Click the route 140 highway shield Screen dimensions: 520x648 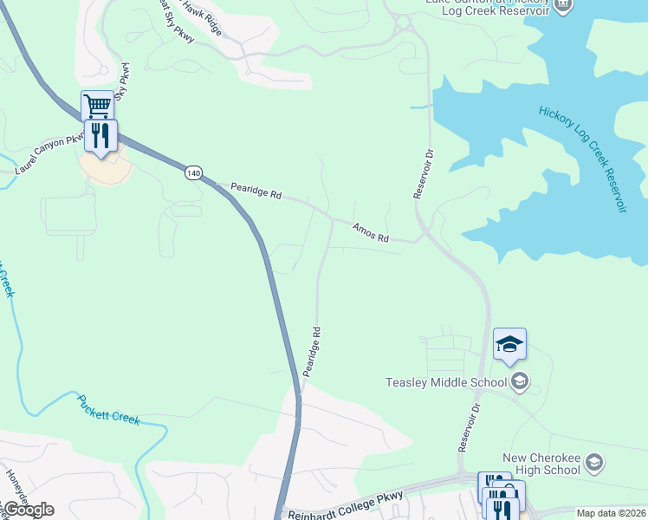point(193,173)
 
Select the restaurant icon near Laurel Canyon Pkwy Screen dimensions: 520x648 point(102,135)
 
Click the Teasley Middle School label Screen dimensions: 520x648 point(446,382)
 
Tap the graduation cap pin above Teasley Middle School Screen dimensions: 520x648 point(509,345)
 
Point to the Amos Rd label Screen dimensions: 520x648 point(371,231)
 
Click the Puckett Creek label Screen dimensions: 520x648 point(108,409)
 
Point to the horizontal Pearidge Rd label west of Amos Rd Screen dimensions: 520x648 point(256,190)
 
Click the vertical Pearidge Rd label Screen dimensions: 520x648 point(312,351)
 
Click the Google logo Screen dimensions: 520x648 point(28,509)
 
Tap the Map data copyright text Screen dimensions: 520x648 point(611,513)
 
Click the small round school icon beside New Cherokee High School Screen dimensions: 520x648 point(594,463)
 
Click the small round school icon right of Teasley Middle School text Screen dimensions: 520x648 point(520,381)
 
